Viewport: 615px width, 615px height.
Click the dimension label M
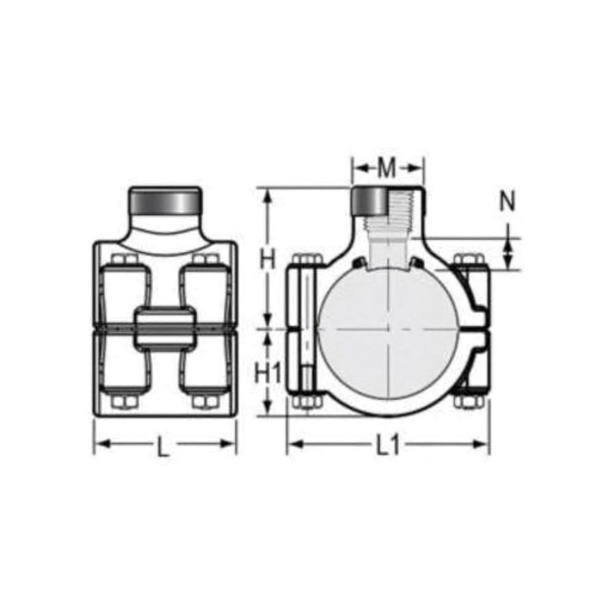coord(387,167)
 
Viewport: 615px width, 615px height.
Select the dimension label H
coord(268,260)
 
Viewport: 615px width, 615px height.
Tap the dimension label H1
coord(268,372)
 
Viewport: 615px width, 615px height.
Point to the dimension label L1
coord(387,446)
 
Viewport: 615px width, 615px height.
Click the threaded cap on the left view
coord(165,202)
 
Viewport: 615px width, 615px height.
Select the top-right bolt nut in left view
coord(205,260)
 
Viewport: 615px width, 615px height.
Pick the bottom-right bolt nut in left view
coord(205,402)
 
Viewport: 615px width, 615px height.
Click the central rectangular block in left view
coord(165,328)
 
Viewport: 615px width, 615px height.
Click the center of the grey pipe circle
coord(387,329)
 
